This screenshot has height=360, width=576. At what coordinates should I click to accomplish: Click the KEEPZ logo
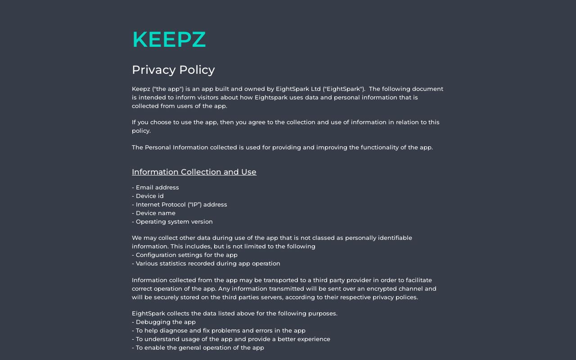tap(169, 40)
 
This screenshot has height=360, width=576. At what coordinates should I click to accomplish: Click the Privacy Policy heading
tap(173, 70)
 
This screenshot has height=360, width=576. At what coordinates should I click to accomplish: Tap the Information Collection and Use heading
tap(194, 172)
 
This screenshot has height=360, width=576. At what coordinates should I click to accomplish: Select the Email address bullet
tap(155, 188)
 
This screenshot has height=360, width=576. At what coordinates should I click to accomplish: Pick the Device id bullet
tap(148, 196)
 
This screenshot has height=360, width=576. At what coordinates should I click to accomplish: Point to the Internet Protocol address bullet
tap(180, 205)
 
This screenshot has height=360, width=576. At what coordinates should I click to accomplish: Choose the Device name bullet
tap(153, 213)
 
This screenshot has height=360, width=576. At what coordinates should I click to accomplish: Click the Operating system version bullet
tap(172, 222)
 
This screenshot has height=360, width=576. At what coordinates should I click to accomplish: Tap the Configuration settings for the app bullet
tap(184, 255)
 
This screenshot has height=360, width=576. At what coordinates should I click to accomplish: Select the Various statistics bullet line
tap(206, 264)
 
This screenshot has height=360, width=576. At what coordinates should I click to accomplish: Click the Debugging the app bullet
tap(164, 322)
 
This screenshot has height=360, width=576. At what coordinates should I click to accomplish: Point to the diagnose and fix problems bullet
tap(219, 331)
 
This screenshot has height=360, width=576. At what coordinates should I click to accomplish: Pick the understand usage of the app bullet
tap(231, 339)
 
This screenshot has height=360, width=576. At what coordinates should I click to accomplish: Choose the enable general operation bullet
tap(198, 348)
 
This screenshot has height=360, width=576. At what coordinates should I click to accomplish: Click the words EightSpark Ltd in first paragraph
tap(298, 89)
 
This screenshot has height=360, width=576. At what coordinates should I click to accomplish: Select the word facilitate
tap(418, 280)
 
